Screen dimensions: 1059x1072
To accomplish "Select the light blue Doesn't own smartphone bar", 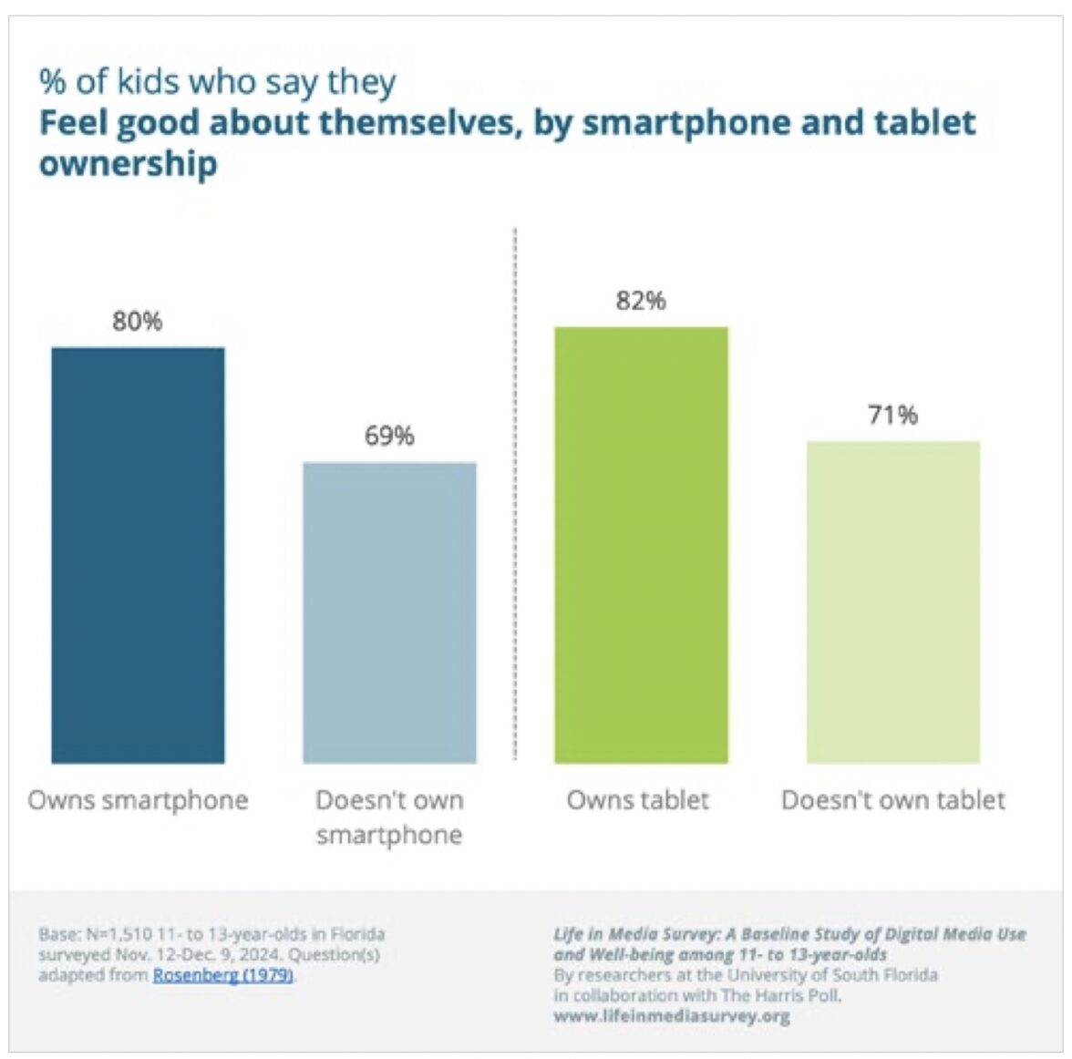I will pyautogui.click(x=389, y=612).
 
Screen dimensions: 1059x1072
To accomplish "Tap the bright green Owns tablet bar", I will pyautogui.click(x=641, y=544).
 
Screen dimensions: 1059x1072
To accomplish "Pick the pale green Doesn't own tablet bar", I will pyautogui.click(x=892, y=601).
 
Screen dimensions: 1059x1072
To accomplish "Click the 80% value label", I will pyautogui.click(x=138, y=321).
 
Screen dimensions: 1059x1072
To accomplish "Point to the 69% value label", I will pyautogui.click(x=389, y=436).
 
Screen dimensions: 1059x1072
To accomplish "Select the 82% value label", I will pyautogui.click(x=641, y=301).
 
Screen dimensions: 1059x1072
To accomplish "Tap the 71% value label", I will pyautogui.click(x=892, y=416).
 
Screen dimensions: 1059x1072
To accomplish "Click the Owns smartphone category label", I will pyautogui.click(x=138, y=800).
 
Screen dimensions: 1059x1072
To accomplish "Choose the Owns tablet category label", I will pyautogui.click(x=638, y=800).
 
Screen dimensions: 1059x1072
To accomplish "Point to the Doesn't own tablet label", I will pyautogui.click(x=893, y=800).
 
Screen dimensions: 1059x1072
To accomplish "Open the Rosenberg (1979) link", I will pyautogui.click(x=223, y=975).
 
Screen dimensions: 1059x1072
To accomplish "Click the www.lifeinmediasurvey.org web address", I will pyautogui.click(x=672, y=1015).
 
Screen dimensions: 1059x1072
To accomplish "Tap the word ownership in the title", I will pyautogui.click(x=128, y=164).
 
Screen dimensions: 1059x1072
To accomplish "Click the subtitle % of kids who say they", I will pyautogui.click(x=217, y=82).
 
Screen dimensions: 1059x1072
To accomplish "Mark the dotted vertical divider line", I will pyautogui.click(x=515, y=492).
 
